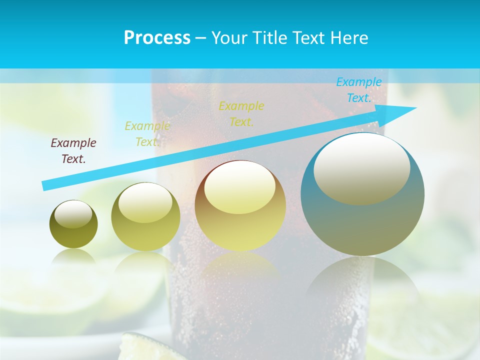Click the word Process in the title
point(157,38)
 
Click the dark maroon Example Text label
point(73,150)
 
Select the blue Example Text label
point(358,89)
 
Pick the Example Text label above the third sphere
point(241,113)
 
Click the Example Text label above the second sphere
point(147,133)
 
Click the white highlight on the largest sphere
point(362,167)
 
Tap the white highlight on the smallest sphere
point(73,214)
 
